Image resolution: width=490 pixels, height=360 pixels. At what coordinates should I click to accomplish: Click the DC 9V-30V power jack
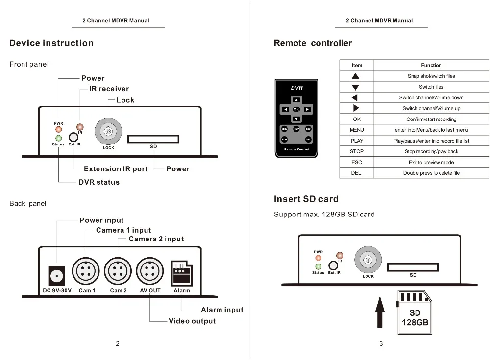pos(57,276)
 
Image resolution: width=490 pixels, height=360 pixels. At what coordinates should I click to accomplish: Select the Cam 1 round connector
pos(86,271)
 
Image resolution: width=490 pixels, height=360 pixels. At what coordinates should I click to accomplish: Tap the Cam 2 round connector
pos(118,271)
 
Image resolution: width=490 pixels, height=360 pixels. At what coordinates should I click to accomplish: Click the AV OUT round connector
pos(150,271)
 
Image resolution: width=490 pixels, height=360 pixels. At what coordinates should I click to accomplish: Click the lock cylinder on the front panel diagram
pos(108,131)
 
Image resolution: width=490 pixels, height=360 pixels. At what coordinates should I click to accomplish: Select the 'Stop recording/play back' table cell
pos(431,151)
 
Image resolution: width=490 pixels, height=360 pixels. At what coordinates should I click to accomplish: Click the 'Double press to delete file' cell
pos(431,173)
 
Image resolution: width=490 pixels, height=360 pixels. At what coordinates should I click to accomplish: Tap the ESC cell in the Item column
pos(357,162)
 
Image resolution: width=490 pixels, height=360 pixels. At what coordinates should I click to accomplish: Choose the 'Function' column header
pos(431,65)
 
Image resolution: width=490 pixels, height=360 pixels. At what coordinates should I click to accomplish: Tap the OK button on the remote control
pos(296,109)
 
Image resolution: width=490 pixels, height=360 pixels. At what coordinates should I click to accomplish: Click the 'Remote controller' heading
pos(313,43)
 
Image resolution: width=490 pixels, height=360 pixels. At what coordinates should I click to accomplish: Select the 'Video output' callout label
pos(192,321)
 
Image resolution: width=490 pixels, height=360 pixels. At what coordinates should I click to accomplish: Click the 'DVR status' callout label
pos(99,182)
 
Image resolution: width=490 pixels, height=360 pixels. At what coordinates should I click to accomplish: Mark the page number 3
pos(381,343)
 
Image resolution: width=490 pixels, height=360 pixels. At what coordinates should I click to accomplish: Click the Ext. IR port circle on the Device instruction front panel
pos(73,138)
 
